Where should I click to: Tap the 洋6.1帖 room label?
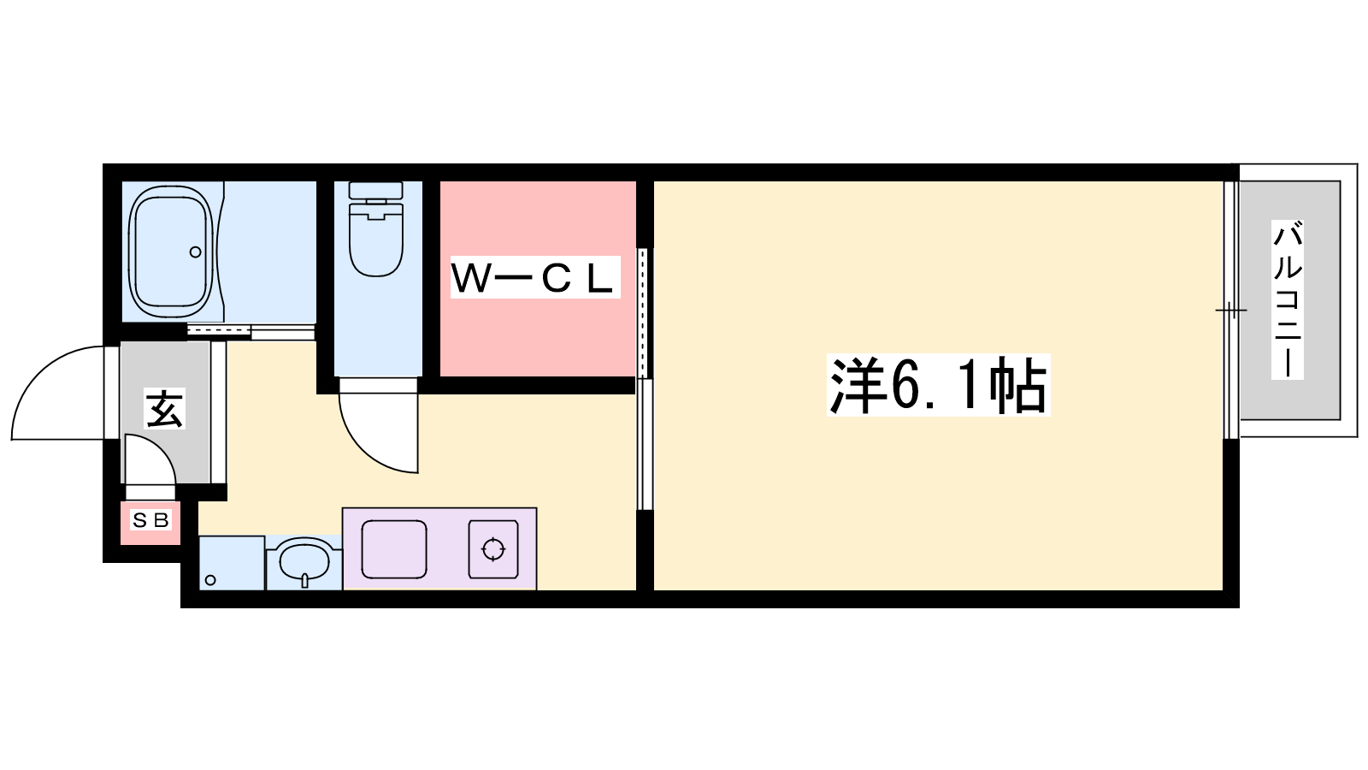point(938,385)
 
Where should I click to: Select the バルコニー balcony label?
point(1288,299)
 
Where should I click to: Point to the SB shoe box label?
point(150,520)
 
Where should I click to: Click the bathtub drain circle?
point(196,252)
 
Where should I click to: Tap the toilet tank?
point(375,189)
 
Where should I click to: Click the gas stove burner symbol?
point(492,548)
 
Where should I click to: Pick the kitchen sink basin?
point(394,548)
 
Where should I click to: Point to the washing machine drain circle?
point(210,580)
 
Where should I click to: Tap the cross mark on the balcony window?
point(1230,311)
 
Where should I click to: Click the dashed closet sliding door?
point(642,312)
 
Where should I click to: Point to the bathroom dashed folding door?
point(219,330)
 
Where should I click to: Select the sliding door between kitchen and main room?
point(645,444)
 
